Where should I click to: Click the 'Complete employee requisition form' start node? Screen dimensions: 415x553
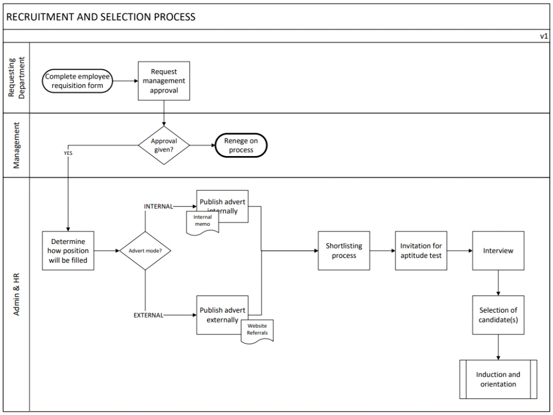pos(77,81)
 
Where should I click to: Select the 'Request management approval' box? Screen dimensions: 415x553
pos(164,81)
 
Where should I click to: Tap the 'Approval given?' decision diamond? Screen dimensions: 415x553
pos(164,146)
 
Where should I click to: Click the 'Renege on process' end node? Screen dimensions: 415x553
pos(241,146)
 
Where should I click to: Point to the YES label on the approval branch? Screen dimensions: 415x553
pos(68,153)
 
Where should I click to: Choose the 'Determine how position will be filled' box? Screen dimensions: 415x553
pos(68,251)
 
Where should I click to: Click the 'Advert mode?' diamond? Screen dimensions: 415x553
pos(145,251)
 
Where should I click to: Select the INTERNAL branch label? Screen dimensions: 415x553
pos(158,206)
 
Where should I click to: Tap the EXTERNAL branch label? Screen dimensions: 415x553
pos(148,315)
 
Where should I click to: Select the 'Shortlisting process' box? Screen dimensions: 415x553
pos(344,251)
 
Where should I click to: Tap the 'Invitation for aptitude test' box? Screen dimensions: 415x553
pos(421,251)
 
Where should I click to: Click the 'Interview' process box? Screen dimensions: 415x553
pos(498,251)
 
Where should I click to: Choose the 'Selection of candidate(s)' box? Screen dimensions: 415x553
pos(498,315)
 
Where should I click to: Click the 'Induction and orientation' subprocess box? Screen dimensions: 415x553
pos(498,379)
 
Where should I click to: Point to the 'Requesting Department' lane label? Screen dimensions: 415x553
pos(16,77)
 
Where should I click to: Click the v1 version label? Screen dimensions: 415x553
pos(544,36)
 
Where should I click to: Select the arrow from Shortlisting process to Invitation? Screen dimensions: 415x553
pos(382,251)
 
